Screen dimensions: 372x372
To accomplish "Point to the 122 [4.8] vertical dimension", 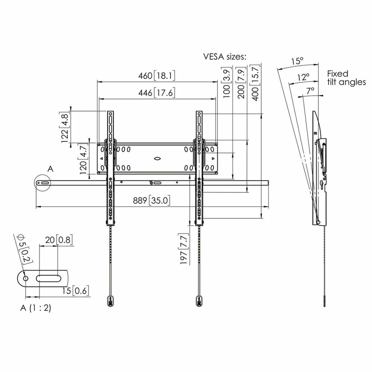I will [65, 127].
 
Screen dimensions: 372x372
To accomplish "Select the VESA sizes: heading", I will [224, 57].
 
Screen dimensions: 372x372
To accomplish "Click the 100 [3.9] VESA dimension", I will [227, 82].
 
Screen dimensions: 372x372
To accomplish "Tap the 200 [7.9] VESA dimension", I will [241, 82].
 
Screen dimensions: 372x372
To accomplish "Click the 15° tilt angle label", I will [297, 61].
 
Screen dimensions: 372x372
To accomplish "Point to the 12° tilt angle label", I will [303, 77].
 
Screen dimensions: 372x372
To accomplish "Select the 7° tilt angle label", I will [310, 90].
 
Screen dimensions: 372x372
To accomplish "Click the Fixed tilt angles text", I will [346, 78].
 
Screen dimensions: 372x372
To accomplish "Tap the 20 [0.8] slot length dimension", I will [59, 240].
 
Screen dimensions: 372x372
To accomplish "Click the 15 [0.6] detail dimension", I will [76, 291].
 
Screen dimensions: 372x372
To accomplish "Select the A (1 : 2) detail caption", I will [36, 308].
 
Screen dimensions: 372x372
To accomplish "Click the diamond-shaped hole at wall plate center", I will [157, 159].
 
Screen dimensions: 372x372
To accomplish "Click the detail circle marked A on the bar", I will [43, 183].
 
